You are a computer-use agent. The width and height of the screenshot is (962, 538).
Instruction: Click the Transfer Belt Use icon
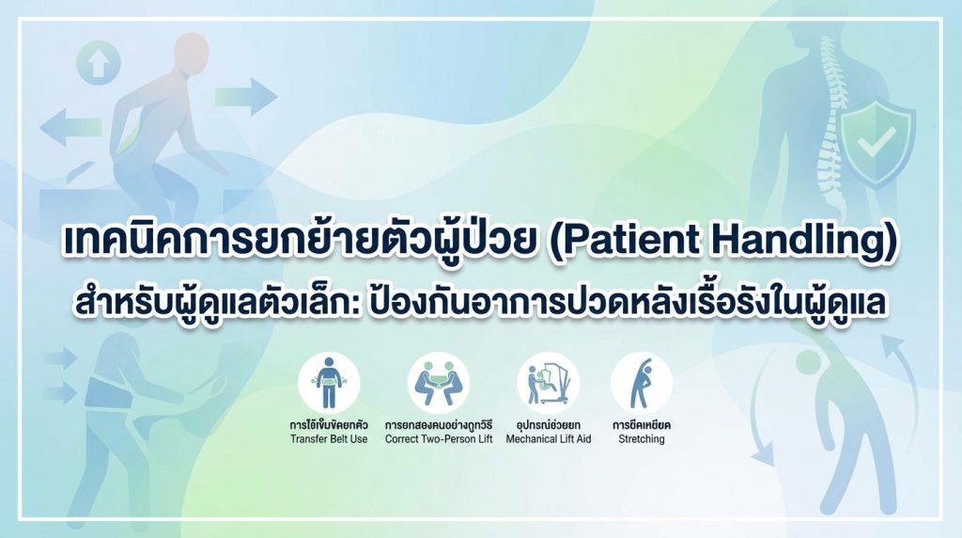point(329,383)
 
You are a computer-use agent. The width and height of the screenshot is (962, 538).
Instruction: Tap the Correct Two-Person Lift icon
point(439,383)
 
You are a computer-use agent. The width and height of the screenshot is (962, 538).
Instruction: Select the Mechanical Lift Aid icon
point(548,383)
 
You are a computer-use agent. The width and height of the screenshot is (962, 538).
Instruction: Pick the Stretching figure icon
point(642,383)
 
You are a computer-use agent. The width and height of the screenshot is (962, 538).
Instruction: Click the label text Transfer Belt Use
point(329,439)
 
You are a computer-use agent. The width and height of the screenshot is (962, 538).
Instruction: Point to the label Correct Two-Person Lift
point(439,439)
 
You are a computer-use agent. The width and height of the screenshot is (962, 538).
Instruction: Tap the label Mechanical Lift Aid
point(549,439)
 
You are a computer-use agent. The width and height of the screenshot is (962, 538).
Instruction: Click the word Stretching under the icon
point(641,439)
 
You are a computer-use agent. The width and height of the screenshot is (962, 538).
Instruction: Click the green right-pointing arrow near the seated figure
point(245,97)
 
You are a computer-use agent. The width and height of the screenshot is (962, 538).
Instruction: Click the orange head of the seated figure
point(191,54)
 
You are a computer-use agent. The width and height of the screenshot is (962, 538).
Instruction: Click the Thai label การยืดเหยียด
point(642,425)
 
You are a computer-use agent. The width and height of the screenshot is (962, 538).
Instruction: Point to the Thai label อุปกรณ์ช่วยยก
point(549,425)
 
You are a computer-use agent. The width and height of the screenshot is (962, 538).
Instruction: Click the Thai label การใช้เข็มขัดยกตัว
point(329,425)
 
